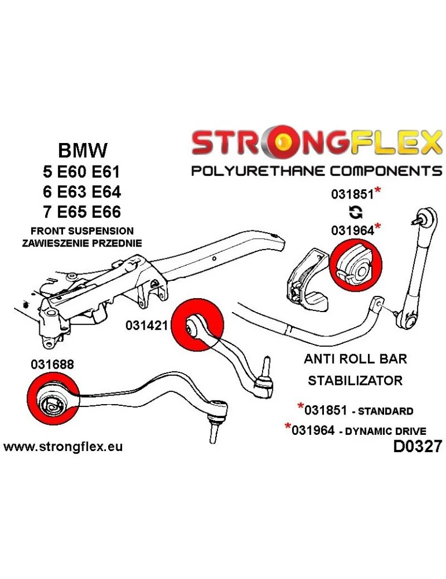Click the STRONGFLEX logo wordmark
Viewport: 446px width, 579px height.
point(316,143)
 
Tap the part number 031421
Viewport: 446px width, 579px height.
point(146,326)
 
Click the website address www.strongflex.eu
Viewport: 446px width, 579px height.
point(63,447)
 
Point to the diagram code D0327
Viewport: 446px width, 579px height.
point(416,447)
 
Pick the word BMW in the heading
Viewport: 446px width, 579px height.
point(83,151)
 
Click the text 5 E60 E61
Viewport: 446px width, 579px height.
point(83,172)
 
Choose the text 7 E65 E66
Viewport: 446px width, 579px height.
point(83,211)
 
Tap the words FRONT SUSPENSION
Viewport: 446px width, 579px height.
point(82,231)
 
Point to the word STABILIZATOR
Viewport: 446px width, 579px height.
point(355,380)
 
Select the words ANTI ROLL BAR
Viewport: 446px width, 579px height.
point(355,359)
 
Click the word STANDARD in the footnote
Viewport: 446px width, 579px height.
point(385,412)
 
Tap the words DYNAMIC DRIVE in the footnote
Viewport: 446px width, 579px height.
point(392,431)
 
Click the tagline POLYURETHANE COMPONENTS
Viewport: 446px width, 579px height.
point(316,171)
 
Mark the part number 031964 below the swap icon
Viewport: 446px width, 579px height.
point(352,230)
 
